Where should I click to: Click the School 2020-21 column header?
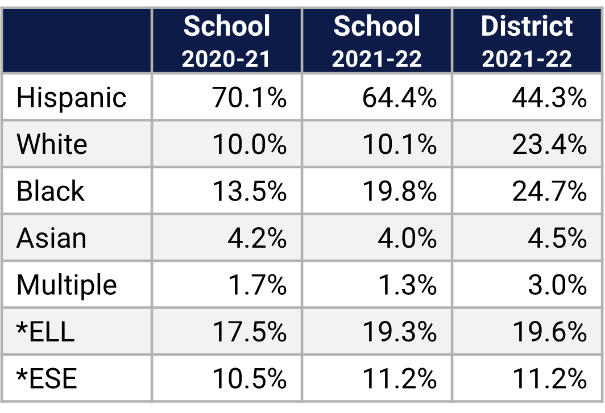226,41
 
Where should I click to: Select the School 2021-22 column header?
377,41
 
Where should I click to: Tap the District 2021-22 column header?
527,41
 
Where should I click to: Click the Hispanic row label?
72,98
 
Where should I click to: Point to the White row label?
52,144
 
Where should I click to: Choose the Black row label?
51,191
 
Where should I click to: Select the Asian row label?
52,238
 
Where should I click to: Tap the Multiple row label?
67,285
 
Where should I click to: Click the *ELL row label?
45,332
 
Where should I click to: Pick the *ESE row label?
47,378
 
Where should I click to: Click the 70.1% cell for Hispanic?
249,98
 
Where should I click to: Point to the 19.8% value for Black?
399,191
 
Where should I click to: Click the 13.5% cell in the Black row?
249,191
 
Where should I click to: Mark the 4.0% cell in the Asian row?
407,238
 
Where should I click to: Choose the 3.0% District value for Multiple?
557,285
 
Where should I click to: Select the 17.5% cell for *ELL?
249,332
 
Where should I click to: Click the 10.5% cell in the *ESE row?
249,378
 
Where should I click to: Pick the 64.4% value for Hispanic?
399,98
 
